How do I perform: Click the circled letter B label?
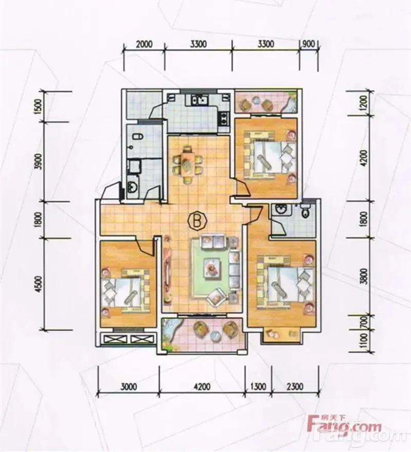pos(198,221)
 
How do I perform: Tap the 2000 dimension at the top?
pos(144,44)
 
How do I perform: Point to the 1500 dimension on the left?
pos(40,107)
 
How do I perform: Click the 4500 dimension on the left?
pos(40,284)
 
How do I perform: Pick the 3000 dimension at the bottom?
pos(128,386)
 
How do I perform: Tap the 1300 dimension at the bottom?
pos(258,386)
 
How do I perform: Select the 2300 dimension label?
pos(294,386)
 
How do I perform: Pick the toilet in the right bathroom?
pos(305,210)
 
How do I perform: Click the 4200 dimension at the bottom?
pos(202,386)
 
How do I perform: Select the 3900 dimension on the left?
pos(40,161)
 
